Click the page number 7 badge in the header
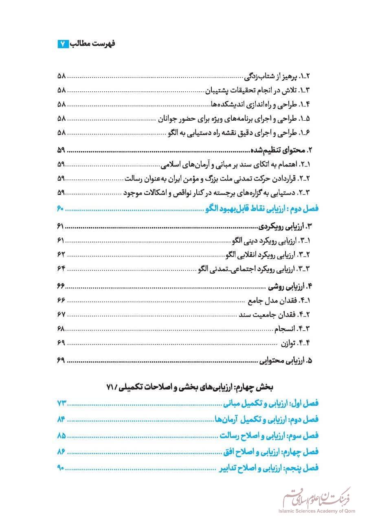click(63, 44)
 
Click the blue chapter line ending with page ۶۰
click(261, 209)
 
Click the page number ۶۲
click(62, 254)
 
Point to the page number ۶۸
click(62, 328)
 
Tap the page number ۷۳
click(62, 403)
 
